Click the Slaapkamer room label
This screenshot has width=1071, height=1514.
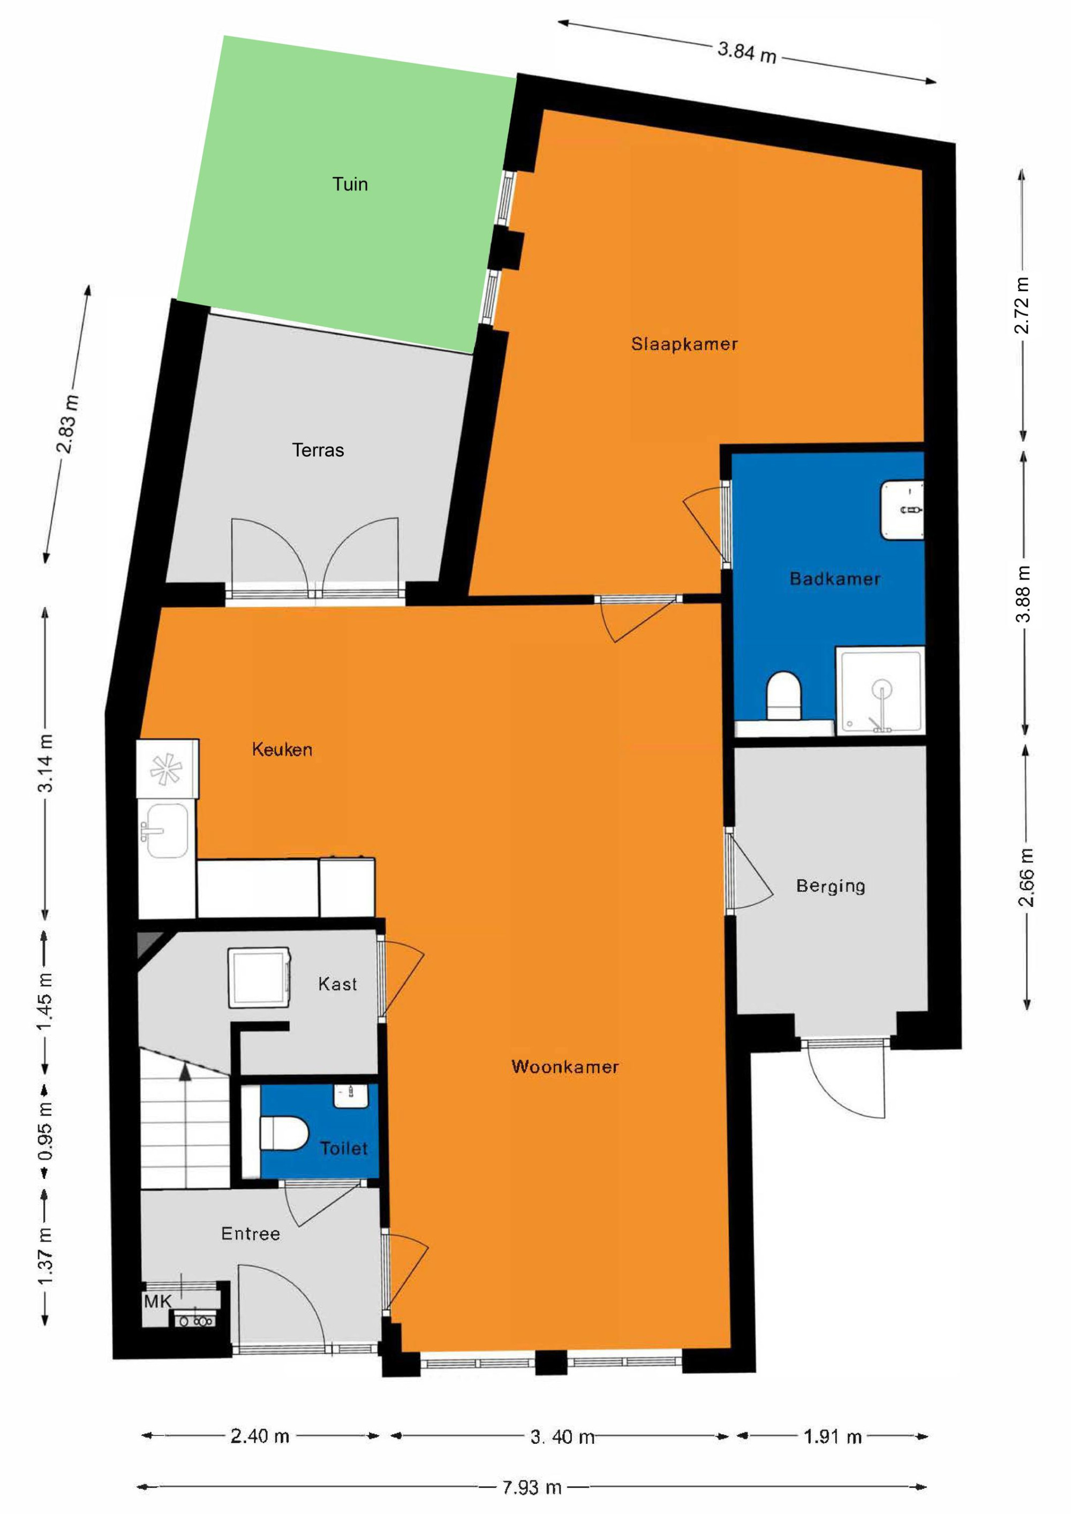(x=684, y=344)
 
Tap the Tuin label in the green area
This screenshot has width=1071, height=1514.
(x=350, y=184)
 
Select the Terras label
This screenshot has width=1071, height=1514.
(x=318, y=450)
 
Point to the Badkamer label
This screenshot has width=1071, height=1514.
(x=835, y=579)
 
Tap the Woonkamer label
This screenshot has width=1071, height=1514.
(x=565, y=1067)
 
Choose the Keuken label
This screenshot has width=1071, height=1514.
(x=282, y=750)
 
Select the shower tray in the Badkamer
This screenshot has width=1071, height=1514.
(x=880, y=691)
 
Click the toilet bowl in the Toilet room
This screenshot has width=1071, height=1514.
(x=284, y=1133)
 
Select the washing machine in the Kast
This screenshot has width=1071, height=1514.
(x=260, y=978)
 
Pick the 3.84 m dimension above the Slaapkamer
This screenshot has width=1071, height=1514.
(x=747, y=51)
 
